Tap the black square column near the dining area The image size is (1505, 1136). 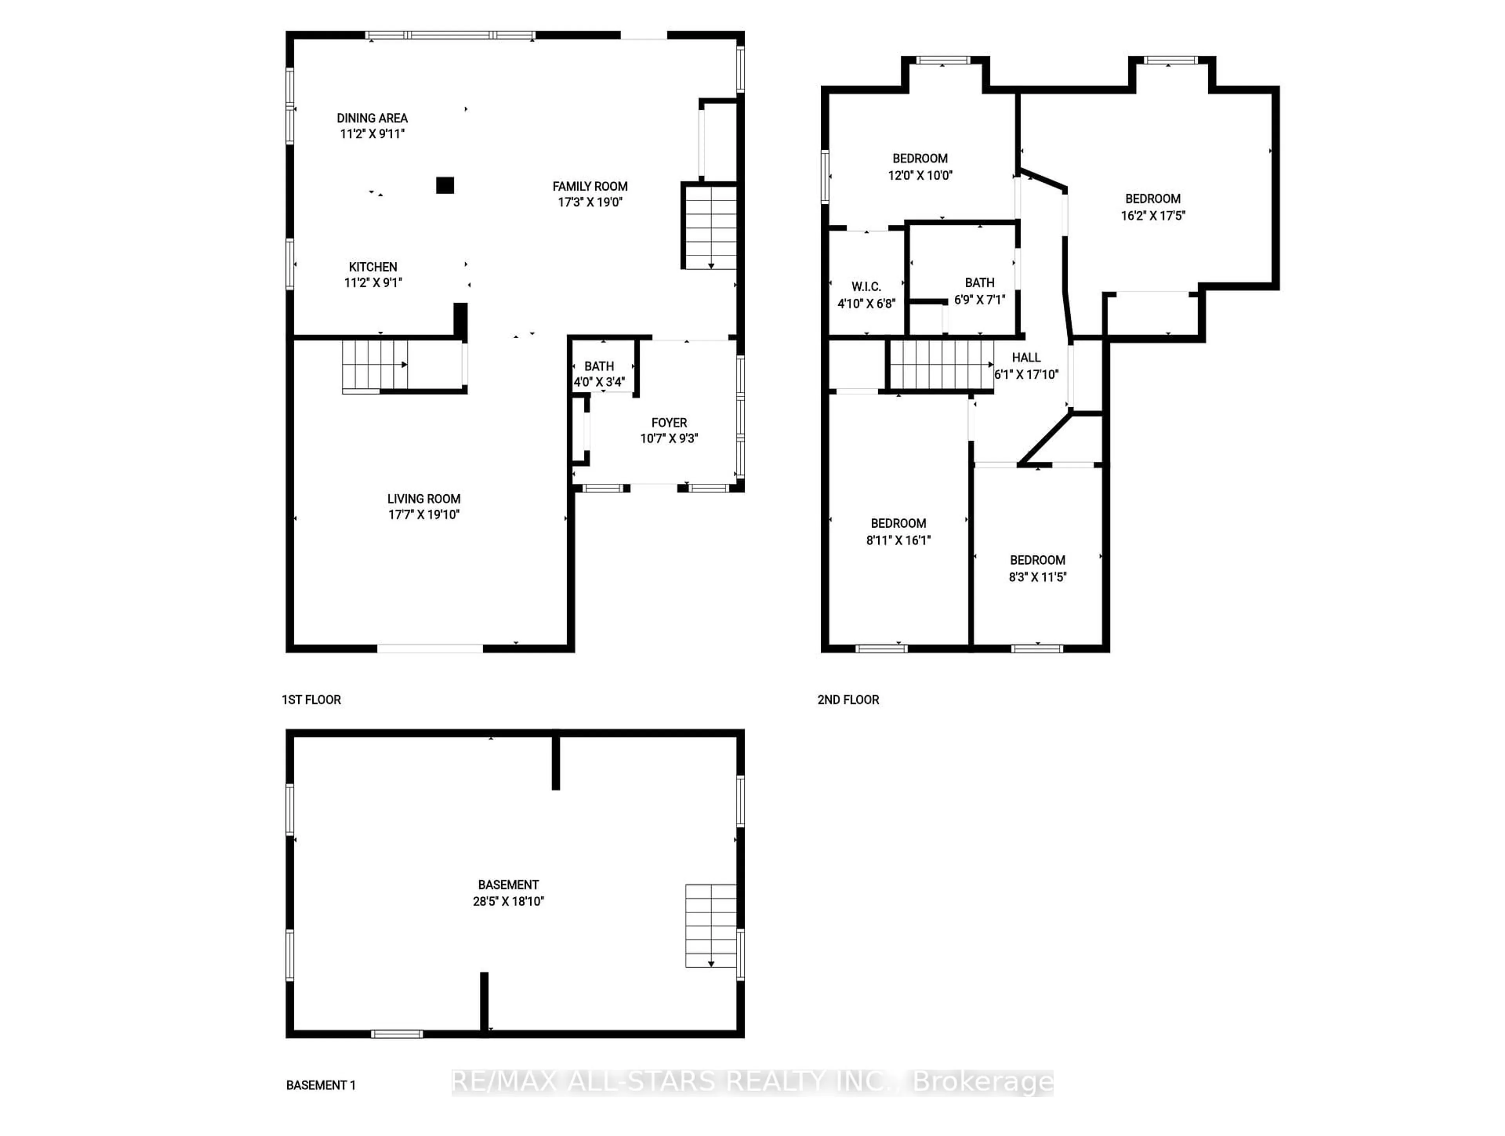(x=445, y=185)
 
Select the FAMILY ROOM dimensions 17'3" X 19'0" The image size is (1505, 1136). (x=590, y=202)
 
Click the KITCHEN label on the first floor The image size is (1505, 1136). (x=373, y=267)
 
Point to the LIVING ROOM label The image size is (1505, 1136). (x=424, y=499)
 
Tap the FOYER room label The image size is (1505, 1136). (x=669, y=423)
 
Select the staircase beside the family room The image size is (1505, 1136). (x=710, y=227)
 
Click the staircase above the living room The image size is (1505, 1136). (x=374, y=365)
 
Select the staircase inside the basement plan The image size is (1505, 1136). (x=710, y=925)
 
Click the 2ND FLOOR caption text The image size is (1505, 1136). (x=848, y=700)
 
